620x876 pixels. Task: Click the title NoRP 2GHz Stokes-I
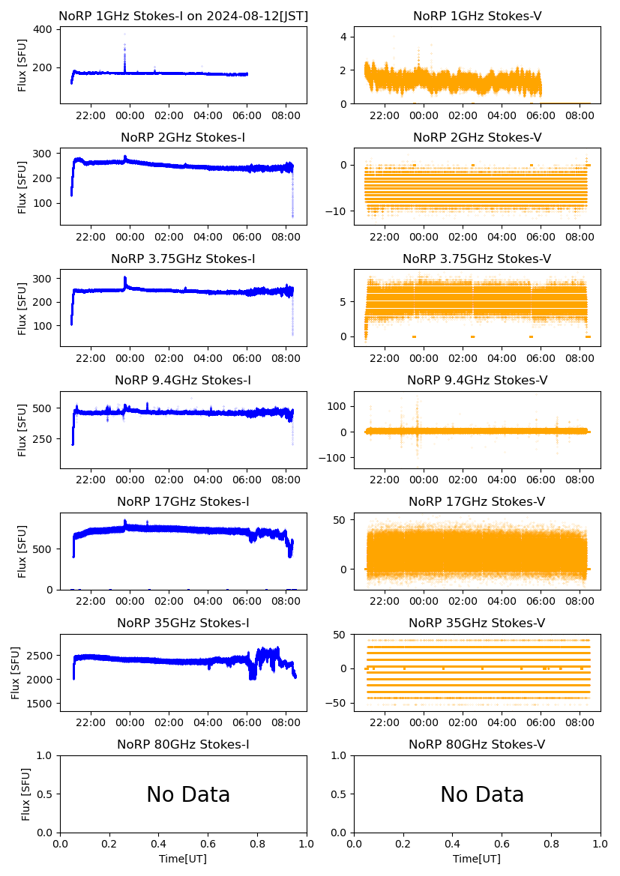coord(183,138)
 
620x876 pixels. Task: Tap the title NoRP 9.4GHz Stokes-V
coord(477,381)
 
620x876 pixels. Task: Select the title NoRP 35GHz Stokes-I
coord(183,623)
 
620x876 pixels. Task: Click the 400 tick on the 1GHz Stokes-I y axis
coord(43,29)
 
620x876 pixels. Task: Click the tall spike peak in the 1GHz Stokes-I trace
coord(124,34)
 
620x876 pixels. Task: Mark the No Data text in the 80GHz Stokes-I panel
coord(188,794)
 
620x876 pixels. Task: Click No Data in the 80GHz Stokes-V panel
coord(482,794)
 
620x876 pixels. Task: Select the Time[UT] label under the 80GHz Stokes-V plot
coord(477,859)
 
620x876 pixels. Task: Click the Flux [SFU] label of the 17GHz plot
coord(23,551)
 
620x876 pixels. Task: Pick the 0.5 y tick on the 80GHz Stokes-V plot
coord(343,794)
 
